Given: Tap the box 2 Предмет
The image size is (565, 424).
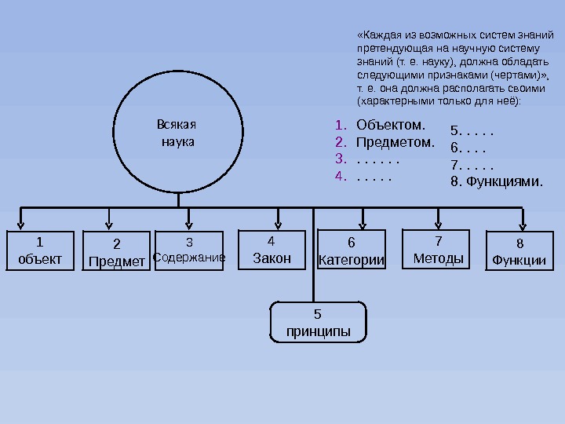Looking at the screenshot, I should click(x=117, y=251).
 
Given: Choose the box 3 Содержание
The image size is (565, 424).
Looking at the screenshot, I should click(x=189, y=250).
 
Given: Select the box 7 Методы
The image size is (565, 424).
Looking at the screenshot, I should click(x=438, y=250).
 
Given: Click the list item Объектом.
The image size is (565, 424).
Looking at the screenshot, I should click(x=391, y=125).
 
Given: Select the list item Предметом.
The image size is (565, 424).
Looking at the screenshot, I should click(x=395, y=143).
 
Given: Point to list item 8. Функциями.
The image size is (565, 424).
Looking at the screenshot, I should click(x=497, y=182).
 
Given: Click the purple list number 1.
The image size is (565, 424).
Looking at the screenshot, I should click(x=339, y=126).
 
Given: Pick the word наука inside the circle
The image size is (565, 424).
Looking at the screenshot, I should click(x=177, y=143).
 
